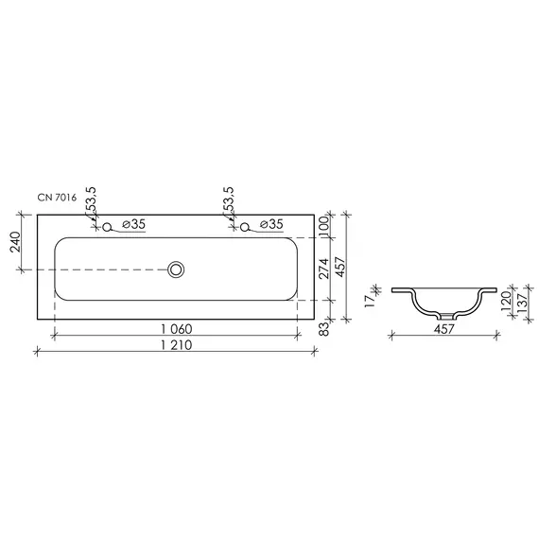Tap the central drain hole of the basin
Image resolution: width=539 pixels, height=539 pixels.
tap(175, 269)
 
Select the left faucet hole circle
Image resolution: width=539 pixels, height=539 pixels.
tap(107, 226)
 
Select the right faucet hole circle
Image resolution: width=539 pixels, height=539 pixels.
tap(245, 226)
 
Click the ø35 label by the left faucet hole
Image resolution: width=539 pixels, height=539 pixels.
tap(133, 224)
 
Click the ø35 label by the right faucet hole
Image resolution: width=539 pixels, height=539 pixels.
tap(271, 224)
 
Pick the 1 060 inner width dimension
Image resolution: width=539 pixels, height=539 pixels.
tap(178, 328)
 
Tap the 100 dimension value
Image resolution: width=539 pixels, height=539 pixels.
tap(322, 225)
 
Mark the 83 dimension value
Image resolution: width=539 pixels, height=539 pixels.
tap(322, 328)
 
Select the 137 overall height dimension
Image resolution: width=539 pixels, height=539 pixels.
tap(523, 302)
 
